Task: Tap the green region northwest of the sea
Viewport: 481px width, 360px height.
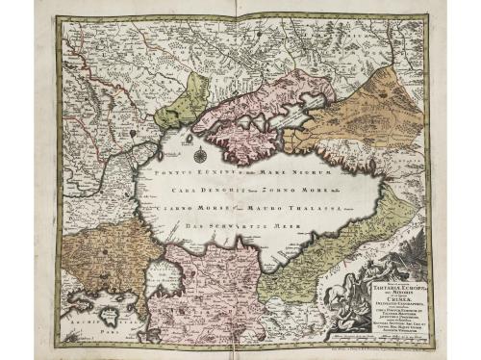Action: click(x=182, y=103)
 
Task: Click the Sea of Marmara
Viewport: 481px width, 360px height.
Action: click(x=130, y=278)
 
